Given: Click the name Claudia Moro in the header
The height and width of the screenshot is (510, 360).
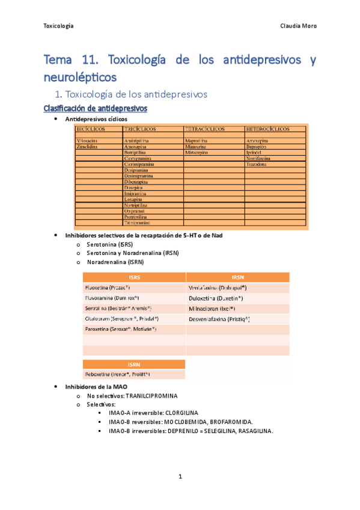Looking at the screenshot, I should tap(299, 26).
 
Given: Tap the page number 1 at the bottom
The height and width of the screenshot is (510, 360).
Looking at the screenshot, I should tap(180, 477).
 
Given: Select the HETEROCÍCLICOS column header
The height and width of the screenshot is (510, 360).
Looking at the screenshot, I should tap(267, 129).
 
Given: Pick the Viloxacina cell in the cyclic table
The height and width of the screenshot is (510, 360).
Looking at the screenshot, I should tap(88, 141).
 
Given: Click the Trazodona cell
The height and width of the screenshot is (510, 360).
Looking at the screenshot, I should tap(260, 164).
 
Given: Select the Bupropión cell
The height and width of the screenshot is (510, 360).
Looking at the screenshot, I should tap(260, 146).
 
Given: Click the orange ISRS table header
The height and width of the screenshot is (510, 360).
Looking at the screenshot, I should tap(134, 277).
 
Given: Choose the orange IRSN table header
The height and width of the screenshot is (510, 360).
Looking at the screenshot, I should tap(238, 277).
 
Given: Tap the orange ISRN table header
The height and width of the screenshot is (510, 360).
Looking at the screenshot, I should tap(134, 364).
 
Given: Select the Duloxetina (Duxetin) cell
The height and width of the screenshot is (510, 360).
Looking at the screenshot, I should tap(216, 298).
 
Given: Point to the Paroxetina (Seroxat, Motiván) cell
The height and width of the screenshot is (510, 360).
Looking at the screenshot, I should tap(121, 329).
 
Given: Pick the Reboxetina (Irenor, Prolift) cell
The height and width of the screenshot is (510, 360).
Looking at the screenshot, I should tap(118, 375).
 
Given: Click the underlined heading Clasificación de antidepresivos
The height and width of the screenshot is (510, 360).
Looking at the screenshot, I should tap(96, 108).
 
